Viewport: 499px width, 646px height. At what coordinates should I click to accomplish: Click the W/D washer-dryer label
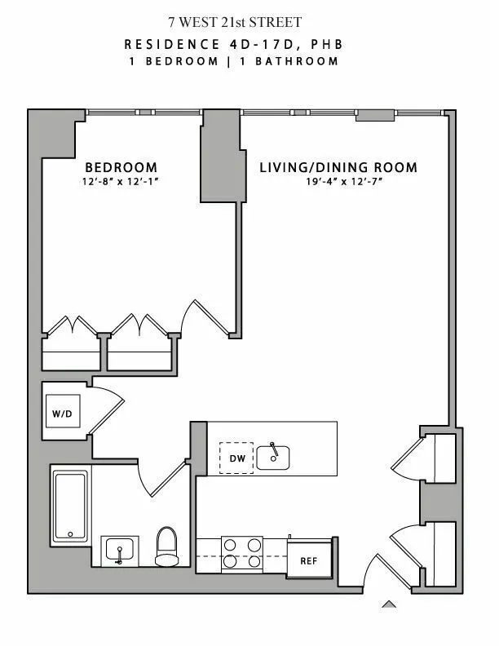pyautogui.click(x=62, y=414)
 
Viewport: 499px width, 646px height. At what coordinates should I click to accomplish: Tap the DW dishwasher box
pyautogui.click(x=237, y=458)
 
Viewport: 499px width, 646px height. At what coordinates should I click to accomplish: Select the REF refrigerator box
pyautogui.click(x=309, y=560)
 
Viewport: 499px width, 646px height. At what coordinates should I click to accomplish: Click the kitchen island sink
pyautogui.click(x=274, y=458)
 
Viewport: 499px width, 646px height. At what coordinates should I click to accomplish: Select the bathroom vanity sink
pyautogui.click(x=121, y=551)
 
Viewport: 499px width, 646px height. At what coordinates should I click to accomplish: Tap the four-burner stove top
pyautogui.click(x=242, y=552)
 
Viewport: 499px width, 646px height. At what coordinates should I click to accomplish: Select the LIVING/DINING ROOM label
pyautogui.click(x=338, y=168)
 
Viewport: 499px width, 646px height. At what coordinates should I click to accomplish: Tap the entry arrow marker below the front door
pyautogui.click(x=390, y=604)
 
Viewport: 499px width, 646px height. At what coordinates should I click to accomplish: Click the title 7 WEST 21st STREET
pyautogui.click(x=248, y=22)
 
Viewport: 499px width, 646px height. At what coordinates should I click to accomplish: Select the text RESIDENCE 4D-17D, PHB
pyautogui.click(x=248, y=44)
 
